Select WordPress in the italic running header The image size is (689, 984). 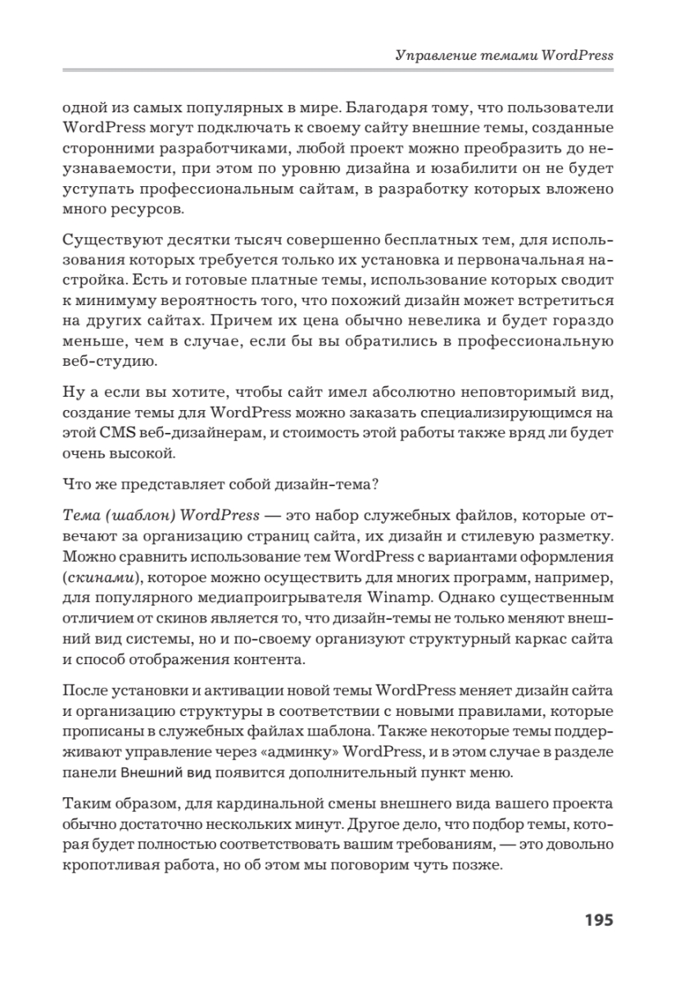[x=576, y=57]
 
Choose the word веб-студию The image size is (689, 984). [x=105, y=361]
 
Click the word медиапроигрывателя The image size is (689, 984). [x=320, y=594]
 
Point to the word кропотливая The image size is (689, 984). [x=108, y=868]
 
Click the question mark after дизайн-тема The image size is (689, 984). [x=374, y=484]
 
